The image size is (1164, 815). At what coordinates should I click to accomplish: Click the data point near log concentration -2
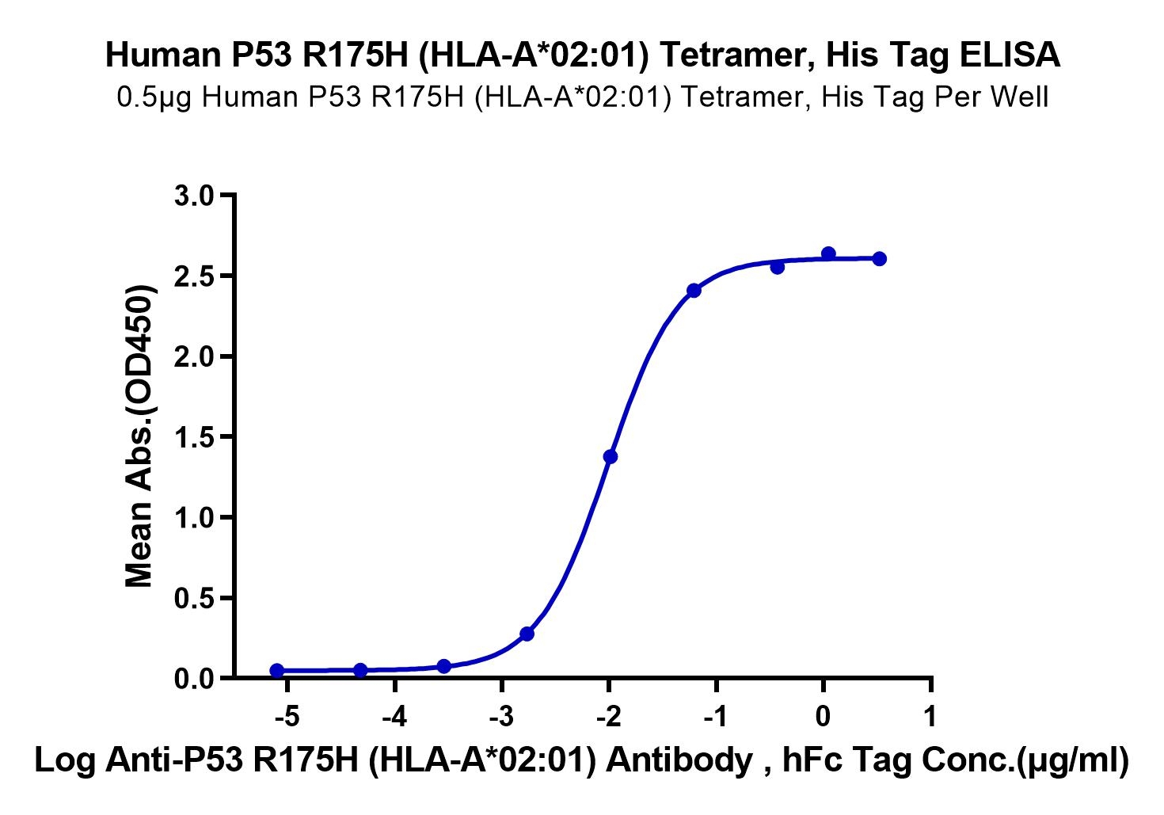[x=611, y=457]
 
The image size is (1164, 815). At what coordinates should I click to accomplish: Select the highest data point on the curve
[x=828, y=253]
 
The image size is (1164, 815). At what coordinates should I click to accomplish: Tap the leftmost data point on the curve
[x=277, y=671]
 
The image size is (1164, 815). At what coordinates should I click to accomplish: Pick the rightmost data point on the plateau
[x=879, y=258]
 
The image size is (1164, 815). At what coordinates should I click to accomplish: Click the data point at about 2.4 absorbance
[x=694, y=291]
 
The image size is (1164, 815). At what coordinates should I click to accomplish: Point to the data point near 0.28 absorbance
[x=527, y=634]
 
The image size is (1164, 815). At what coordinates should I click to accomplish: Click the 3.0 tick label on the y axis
[x=193, y=197]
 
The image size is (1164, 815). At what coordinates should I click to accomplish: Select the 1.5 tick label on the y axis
[x=193, y=438]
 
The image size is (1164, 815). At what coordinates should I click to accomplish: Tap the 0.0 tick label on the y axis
[x=193, y=680]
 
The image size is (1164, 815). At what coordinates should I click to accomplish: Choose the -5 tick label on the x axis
[x=287, y=718]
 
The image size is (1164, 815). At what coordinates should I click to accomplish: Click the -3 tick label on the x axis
[x=502, y=718]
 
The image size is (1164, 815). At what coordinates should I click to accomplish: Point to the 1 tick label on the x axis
[x=930, y=718]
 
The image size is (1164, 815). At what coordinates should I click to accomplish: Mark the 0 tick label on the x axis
[x=824, y=718]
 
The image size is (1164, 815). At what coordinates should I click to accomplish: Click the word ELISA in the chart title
[x=1009, y=55]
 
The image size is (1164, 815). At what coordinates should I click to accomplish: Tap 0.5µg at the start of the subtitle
[x=154, y=97]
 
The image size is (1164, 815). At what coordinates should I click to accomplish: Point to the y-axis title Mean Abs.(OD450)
[x=139, y=436]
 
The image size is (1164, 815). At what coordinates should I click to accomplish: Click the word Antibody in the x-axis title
[x=679, y=760]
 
